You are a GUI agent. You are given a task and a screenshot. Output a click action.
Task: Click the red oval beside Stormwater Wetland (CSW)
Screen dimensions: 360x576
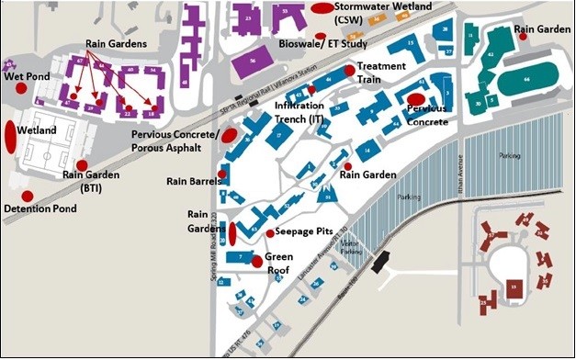(322, 8)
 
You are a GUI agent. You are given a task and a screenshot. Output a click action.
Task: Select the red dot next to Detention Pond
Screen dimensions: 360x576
(27, 196)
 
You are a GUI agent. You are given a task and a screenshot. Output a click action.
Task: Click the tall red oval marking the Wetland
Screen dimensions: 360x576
(11, 138)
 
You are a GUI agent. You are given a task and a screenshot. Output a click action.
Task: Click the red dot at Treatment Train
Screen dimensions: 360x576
(349, 70)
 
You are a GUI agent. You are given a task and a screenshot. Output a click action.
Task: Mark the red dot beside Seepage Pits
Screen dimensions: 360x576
(269, 233)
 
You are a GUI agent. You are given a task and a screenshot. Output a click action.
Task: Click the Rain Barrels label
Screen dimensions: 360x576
(191, 181)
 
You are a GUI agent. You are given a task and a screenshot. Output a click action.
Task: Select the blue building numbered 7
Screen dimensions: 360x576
(242, 259)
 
